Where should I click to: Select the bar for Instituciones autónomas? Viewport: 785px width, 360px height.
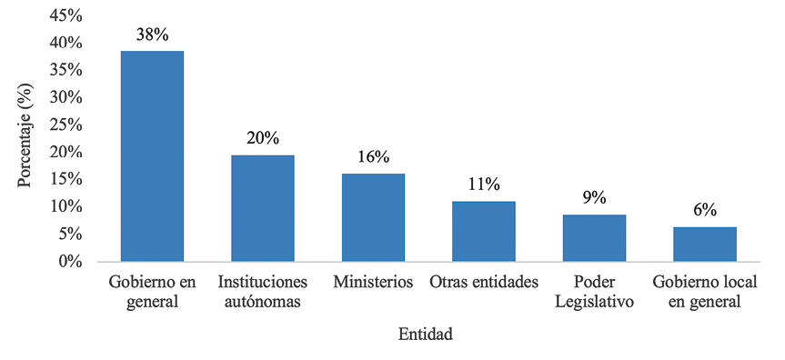pyautogui.click(x=262, y=208)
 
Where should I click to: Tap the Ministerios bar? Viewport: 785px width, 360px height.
pyautogui.click(x=373, y=217)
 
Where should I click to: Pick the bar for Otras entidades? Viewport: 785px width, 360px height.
pyautogui.click(x=484, y=231)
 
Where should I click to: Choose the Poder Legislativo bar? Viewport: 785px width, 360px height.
pyautogui.click(x=594, y=238)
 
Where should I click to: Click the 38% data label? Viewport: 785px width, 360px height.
pyautogui.click(x=152, y=35)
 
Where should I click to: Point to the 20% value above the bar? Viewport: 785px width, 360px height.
pyautogui.click(x=262, y=139)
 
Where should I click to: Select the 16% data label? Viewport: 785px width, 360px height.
pyautogui.click(x=373, y=157)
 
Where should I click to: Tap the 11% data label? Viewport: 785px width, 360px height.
pyautogui.click(x=484, y=185)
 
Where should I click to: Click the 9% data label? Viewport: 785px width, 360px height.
pyautogui.click(x=594, y=198)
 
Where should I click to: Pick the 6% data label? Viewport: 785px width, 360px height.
pyautogui.click(x=704, y=210)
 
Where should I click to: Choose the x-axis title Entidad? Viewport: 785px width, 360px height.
pyautogui.click(x=425, y=335)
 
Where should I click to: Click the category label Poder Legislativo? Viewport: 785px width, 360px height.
pyautogui.click(x=594, y=290)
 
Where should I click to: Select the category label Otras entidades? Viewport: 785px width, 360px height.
pyautogui.click(x=484, y=281)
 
